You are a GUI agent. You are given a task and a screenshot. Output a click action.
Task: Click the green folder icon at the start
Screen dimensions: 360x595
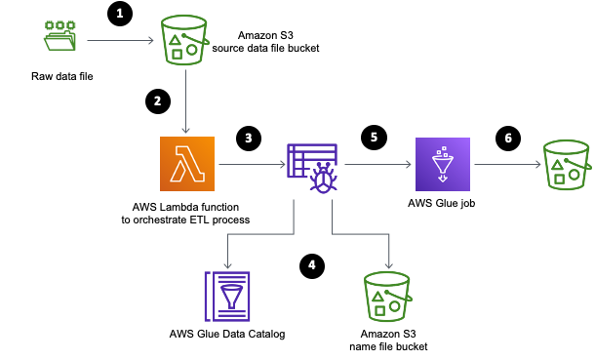coord(59,35)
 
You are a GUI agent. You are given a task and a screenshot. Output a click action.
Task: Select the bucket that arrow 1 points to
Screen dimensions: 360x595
coord(184,40)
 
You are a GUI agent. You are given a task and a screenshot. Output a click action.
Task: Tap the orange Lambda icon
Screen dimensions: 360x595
coord(187,164)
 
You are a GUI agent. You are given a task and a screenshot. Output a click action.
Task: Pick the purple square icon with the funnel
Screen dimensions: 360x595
coord(443,164)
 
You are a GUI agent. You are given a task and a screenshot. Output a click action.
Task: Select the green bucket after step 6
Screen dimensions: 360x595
coord(567,165)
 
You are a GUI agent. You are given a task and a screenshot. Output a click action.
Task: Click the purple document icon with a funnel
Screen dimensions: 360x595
coord(227,297)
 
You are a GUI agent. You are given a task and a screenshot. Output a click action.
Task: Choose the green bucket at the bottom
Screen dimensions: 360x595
coord(387,297)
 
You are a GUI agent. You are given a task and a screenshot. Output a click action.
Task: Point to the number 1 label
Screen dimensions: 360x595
coord(120,14)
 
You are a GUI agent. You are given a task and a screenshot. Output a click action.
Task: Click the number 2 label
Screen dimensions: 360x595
coord(158,101)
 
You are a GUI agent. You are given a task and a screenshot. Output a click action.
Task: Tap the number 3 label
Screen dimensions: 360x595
coord(249,139)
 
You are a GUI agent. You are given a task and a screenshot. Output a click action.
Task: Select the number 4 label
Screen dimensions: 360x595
coord(312,265)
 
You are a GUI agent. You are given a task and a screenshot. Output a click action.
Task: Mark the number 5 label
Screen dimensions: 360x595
coord(374,138)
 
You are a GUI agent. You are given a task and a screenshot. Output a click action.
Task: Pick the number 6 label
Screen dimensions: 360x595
coord(508,139)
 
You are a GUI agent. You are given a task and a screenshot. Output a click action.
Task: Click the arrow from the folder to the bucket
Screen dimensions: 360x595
coord(120,40)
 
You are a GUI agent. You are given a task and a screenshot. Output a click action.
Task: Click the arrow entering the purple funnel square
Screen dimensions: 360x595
coord(378,164)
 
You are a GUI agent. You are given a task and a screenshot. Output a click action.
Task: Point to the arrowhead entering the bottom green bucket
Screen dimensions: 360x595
coord(388,264)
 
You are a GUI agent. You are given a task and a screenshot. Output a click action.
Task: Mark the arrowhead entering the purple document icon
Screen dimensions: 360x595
coord(227,264)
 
